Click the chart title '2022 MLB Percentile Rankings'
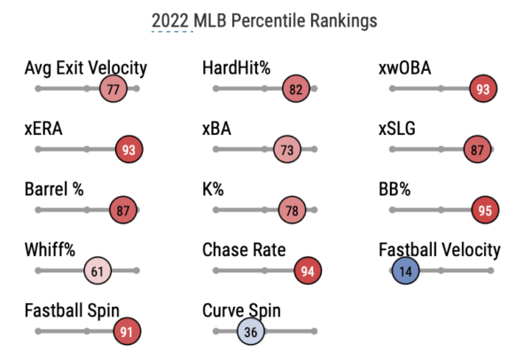(x=263, y=20)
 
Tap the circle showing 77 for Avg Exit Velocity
(x=113, y=90)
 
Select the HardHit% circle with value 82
(x=295, y=90)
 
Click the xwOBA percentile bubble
(x=483, y=90)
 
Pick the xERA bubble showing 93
(x=129, y=150)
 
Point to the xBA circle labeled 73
(x=286, y=150)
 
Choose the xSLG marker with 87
(x=477, y=150)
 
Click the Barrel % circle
(x=122, y=210)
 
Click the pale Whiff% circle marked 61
(x=98, y=270)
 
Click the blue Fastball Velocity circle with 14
(x=405, y=270)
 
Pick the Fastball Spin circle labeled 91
(x=127, y=331)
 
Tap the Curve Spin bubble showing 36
(x=250, y=331)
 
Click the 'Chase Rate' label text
(x=244, y=250)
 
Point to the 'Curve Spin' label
(x=241, y=310)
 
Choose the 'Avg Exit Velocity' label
(x=86, y=68)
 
